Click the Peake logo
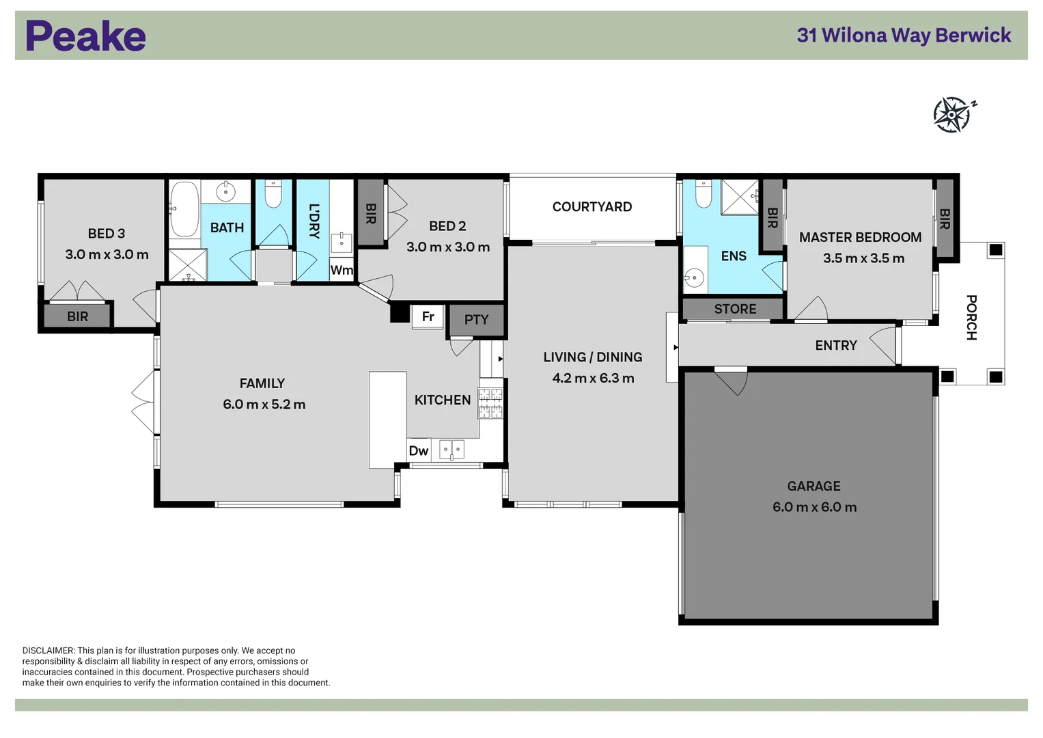[85, 36]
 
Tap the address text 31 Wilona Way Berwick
[903, 36]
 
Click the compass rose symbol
[953, 114]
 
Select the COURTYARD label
[592, 207]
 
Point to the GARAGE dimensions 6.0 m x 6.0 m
[813, 507]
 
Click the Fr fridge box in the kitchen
[428, 317]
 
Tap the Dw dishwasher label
[418, 451]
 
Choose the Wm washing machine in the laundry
[342, 270]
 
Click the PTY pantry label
[476, 320]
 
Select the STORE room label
[735, 309]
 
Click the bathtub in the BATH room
[184, 208]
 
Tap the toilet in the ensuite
[704, 194]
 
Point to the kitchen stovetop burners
[490, 402]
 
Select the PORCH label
[971, 317]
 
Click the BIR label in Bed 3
[77, 316]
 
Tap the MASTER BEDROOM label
[860, 238]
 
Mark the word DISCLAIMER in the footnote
[48, 651]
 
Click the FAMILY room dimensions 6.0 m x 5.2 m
[264, 405]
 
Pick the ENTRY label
[835, 346]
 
